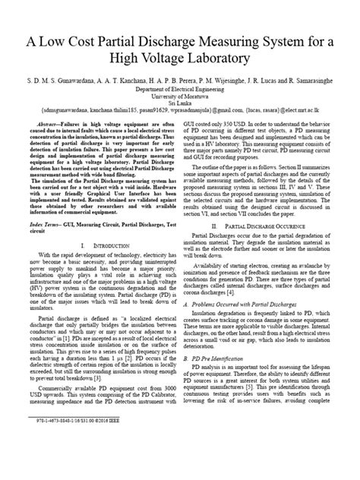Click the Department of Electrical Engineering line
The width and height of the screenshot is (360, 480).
180,87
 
